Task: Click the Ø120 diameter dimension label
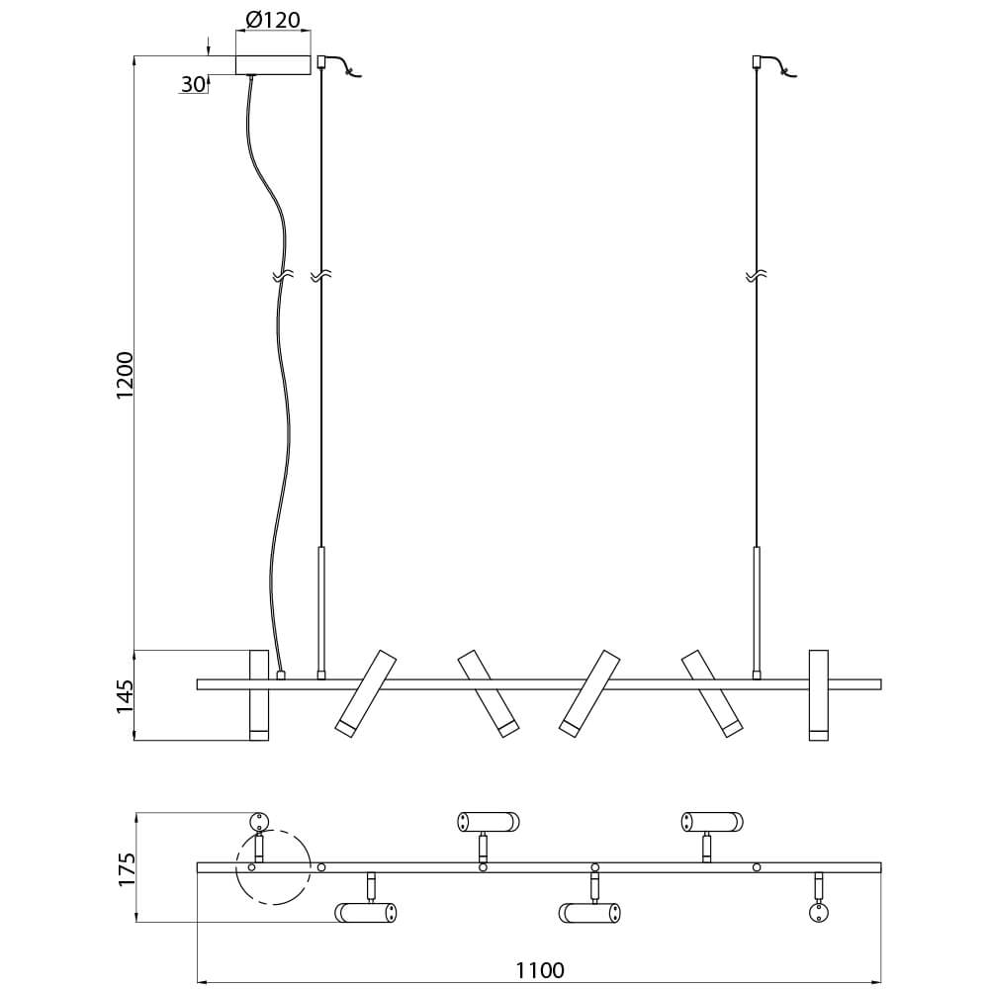[273, 20]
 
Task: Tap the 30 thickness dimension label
[194, 84]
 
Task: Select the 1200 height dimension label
[125, 375]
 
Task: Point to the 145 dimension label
[125, 696]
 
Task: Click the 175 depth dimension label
[127, 869]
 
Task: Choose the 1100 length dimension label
[540, 969]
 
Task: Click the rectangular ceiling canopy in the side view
[273, 65]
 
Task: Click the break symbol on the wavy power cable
[284, 276]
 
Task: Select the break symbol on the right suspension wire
[756, 276]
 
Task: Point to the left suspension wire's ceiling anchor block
[321, 61]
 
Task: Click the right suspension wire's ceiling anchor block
[756, 61]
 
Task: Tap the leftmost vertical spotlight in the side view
[259, 694]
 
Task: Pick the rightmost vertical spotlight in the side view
[819, 694]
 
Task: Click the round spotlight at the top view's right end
[819, 913]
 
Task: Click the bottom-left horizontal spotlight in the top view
[366, 913]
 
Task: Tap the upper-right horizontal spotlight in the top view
[712, 822]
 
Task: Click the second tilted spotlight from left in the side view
[489, 693]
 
